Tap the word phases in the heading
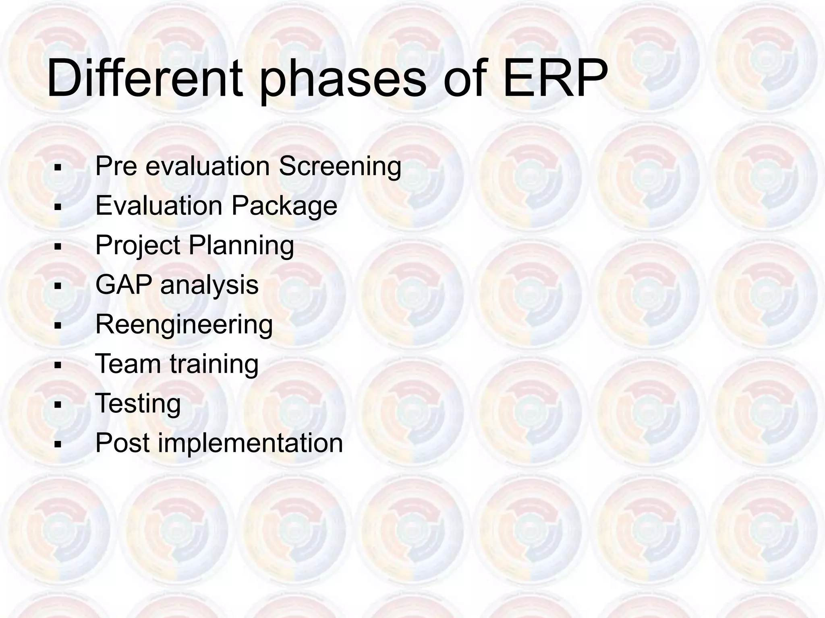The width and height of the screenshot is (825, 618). (x=342, y=80)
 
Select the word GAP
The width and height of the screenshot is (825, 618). (x=124, y=284)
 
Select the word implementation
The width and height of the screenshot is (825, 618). (x=250, y=443)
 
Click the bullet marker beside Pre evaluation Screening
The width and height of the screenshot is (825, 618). (x=58, y=168)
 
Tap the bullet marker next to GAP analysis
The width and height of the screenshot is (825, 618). (x=58, y=286)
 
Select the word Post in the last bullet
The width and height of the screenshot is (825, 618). (x=122, y=443)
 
